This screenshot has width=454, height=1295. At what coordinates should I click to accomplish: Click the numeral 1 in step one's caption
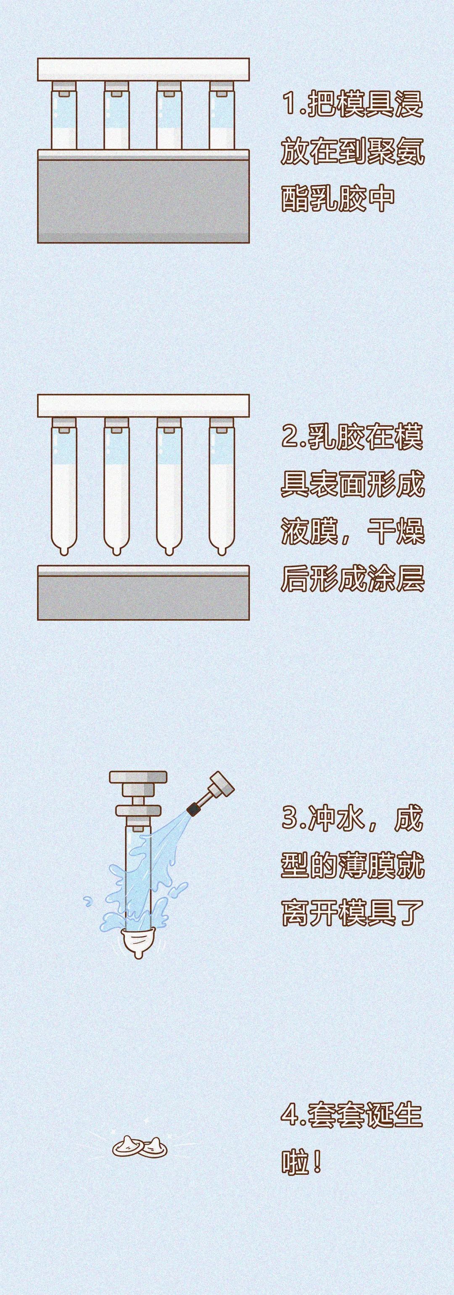290,104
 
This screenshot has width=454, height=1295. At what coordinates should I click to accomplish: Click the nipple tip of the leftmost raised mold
64,552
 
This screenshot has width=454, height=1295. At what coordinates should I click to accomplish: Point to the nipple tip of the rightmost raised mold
222,552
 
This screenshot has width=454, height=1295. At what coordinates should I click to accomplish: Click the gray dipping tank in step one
143,201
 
